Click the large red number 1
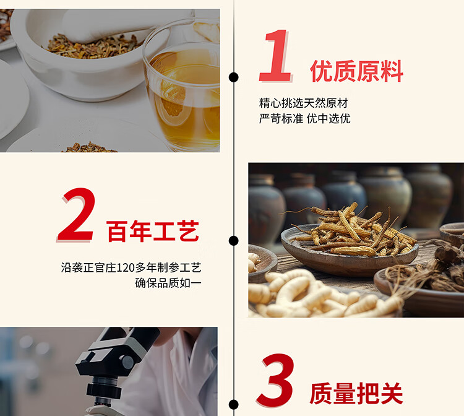click(275, 56)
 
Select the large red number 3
click(276, 380)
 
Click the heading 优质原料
click(356, 71)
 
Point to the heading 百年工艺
click(153, 231)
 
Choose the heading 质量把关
click(356, 393)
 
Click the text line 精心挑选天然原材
click(303, 103)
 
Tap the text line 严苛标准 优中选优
click(305, 119)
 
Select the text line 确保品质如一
click(168, 283)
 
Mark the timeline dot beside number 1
click(233, 77)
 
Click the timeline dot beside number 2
click(233, 241)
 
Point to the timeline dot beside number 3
click(233, 404)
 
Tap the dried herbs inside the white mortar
click(92, 47)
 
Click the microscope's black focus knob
click(128, 362)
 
